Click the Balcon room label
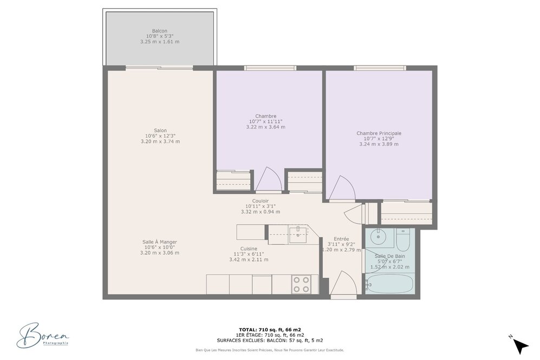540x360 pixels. click(x=159, y=31)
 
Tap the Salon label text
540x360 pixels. click(x=160, y=130)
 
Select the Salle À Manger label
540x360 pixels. click(x=159, y=242)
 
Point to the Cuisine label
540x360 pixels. click(x=249, y=249)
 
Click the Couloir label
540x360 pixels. click(x=261, y=201)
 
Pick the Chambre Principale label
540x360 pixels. click(x=379, y=133)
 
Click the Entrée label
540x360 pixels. click(x=341, y=239)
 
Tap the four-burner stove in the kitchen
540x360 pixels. click(x=301, y=285)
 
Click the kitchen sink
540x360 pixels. click(x=297, y=235)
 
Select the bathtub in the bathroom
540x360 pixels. click(x=390, y=284)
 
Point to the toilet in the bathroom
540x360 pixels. click(x=402, y=239)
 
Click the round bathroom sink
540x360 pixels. click(x=378, y=236)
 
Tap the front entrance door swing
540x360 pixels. click(x=343, y=283)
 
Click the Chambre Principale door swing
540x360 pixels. click(x=342, y=188)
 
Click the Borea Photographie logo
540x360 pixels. click(x=43, y=335)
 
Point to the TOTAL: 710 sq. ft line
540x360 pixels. click(x=270, y=329)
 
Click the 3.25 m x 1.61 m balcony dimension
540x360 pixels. click(x=159, y=42)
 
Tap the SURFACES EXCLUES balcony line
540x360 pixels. click(x=270, y=341)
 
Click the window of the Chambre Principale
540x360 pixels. click(x=380, y=68)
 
